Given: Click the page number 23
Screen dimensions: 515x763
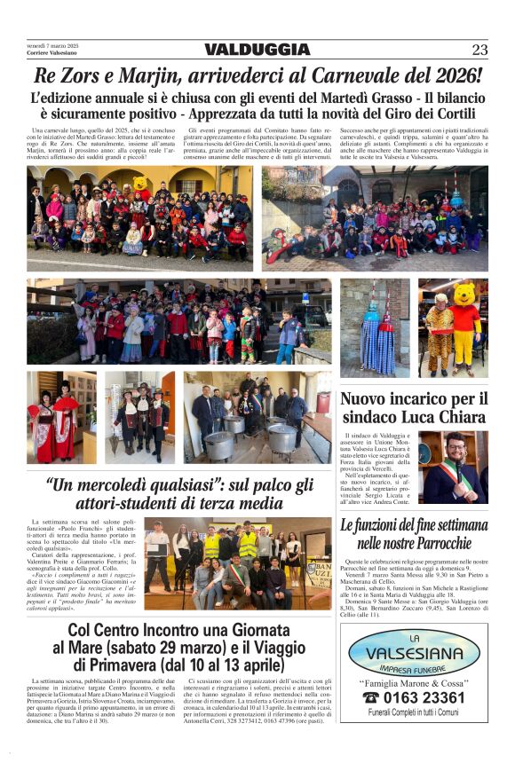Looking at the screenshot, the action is (479, 50).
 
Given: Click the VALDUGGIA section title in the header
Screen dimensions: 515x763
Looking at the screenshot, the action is (257, 50).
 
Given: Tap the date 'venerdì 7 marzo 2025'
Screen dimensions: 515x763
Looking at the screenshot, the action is (53, 45).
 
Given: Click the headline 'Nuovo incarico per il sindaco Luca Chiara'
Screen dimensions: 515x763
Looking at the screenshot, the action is (414, 408).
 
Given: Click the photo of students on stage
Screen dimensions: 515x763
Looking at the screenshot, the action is (238, 563).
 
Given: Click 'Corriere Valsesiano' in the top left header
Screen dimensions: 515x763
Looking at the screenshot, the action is (51, 53).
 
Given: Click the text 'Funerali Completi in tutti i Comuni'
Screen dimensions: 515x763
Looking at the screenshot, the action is (414, 712).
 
